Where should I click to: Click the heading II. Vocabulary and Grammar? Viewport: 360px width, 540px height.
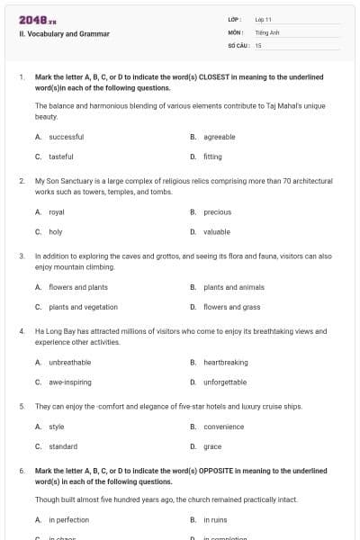(x=64, y=33)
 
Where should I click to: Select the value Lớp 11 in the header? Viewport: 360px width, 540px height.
(x=264, y=18)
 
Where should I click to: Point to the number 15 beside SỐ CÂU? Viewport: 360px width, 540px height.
(x=258, y=44)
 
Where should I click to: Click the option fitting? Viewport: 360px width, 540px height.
(x=212, y=156)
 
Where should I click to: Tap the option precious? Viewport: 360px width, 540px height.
(x=217, y=212)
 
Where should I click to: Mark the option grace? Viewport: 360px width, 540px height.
(x=212, y=445)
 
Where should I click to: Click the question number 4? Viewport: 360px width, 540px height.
(x=22, y=331)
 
